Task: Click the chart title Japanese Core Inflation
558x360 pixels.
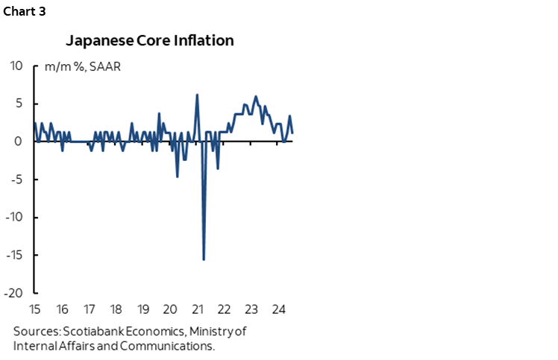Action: point(149,40)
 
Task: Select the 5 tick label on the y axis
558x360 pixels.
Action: point(19,104)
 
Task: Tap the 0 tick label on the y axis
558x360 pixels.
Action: point(19,142)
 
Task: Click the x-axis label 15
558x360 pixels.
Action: point(34,309)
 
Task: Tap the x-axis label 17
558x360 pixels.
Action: point(89,309)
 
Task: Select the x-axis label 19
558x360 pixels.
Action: point(142,309)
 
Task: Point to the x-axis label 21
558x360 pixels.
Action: point(197,309)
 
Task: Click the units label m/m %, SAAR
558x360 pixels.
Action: point(82,66)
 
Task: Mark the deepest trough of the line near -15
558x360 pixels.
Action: point(204,259)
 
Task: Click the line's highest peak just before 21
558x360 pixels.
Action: point(197,95)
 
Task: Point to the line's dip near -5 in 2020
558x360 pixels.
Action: point(177,177)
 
